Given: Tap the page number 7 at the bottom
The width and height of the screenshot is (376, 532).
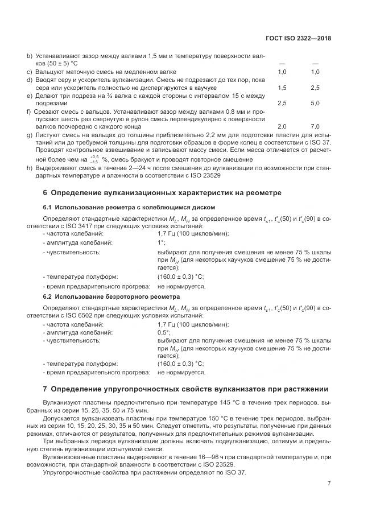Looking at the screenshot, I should pos(329,484).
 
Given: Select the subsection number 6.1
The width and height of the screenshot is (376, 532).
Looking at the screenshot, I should pos(48,207).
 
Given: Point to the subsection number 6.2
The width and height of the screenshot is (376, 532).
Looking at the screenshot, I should pos(48,296).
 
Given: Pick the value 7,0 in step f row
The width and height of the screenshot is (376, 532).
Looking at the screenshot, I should pos(315,126).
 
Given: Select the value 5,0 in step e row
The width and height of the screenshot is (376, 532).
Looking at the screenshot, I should pos(315,104).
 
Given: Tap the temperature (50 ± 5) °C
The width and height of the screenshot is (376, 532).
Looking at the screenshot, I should pos(51,64).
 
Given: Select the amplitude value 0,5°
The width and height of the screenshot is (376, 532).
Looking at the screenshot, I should pos(164,332).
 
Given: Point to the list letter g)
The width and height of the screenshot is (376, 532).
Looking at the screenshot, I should pos(30,134).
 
